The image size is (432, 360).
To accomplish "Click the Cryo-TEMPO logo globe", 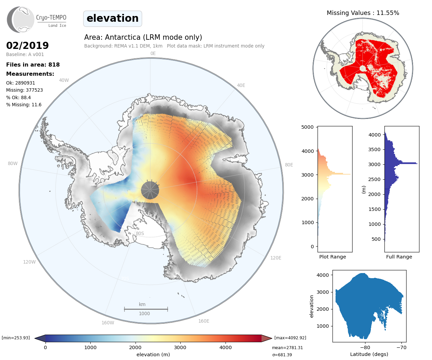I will pos(21,20).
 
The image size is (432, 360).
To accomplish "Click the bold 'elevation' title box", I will pos(112,18).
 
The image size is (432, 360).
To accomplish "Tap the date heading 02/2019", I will pos(28,46).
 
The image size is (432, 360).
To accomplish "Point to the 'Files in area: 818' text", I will pos(33,65).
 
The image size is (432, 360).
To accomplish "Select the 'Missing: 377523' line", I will pos(24,90).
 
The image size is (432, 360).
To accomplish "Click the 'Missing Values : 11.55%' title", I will pos(363,13).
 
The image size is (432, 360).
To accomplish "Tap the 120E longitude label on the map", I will pos(276,258).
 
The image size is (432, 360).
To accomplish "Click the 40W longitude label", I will pos(64,80).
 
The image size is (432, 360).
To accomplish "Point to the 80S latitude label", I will pos(140,233).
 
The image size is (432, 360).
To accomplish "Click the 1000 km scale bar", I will pos(146,309).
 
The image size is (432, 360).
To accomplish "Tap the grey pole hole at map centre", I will pos(150,190).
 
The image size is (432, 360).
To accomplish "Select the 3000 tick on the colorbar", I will pos(180,347).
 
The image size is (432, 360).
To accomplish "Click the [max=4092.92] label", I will pos(290,338).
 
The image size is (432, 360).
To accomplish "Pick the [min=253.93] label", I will pos(16,338).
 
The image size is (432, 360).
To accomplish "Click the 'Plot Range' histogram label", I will pos(332,257).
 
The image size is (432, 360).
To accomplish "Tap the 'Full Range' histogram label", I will pos(399,257).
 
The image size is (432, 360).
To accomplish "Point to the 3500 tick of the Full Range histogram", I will pos(375,149).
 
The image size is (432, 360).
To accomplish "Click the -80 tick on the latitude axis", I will pos(365,347).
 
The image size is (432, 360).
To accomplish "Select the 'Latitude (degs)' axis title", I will pos(369,354).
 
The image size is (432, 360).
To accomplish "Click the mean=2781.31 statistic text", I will pos(287,348).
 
